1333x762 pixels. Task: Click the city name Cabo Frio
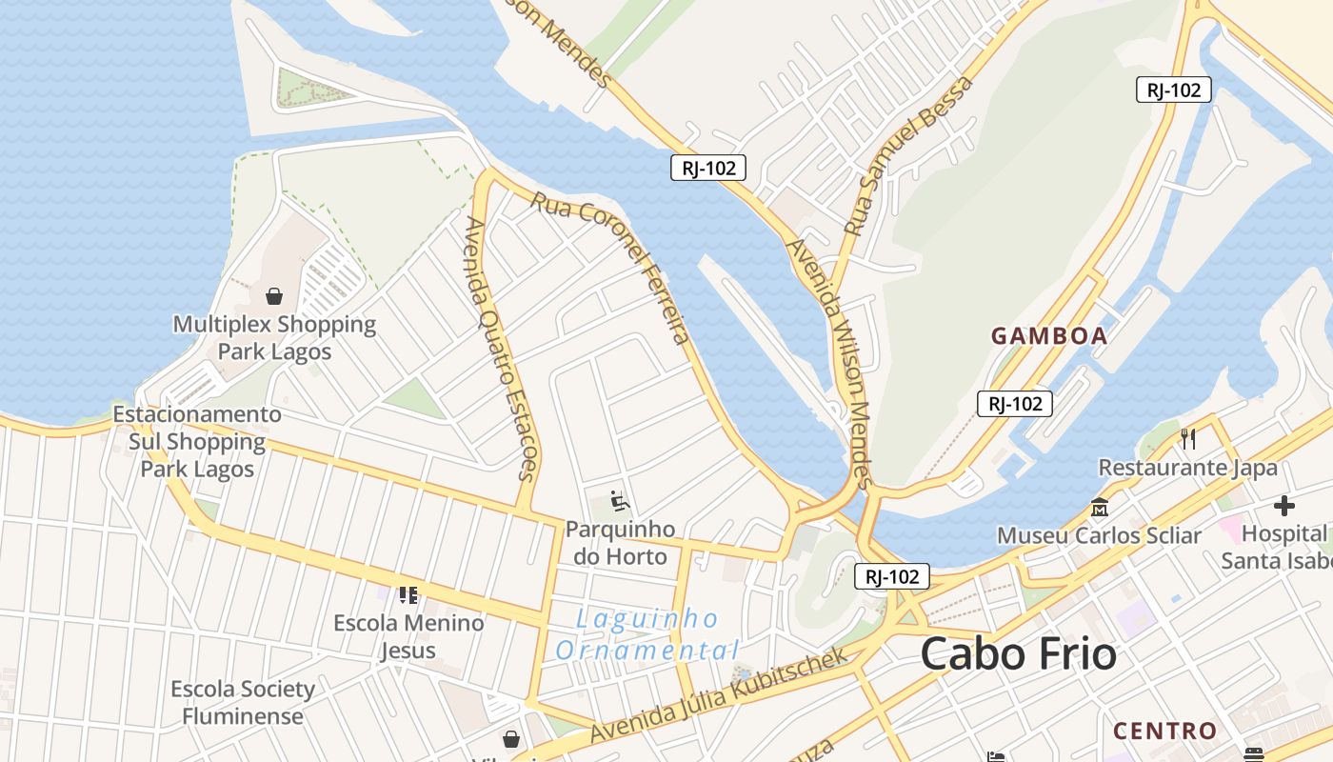1018,654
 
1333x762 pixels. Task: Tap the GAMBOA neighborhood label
1049,336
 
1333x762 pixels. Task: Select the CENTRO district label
1165,732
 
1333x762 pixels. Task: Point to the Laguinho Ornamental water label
647,635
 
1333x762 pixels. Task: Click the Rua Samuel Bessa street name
909,156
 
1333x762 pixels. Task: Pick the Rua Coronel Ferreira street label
610,268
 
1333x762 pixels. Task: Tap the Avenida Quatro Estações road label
501,348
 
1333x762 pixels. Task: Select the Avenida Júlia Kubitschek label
719,695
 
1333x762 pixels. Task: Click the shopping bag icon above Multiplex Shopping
274,296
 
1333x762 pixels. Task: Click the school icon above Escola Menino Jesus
408,595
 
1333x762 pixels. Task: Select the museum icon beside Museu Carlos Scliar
1101,507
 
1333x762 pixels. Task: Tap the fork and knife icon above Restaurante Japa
1187,438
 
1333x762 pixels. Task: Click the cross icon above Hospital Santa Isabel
1284,506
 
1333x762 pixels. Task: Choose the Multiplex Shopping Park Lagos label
274,338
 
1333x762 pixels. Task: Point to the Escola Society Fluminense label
243,702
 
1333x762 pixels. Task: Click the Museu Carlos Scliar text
1099,535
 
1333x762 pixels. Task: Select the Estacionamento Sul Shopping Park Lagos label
197,442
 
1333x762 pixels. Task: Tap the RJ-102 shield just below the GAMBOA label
1015,404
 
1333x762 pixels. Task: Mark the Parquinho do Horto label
620,543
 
